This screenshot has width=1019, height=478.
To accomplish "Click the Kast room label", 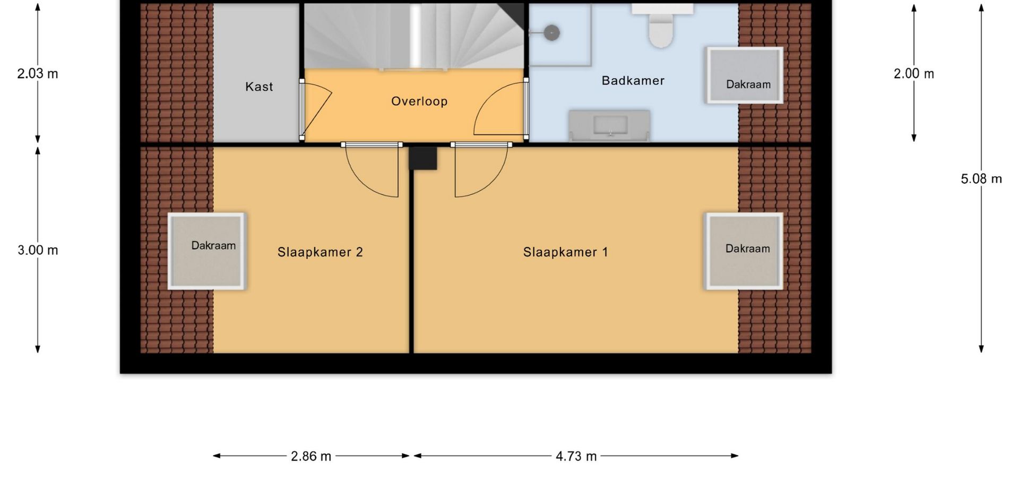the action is [259, 87].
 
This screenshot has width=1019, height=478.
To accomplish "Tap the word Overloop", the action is [419, 101].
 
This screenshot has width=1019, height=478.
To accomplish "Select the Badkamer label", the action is [633, 81].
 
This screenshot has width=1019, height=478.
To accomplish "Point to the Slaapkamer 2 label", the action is [320, 252].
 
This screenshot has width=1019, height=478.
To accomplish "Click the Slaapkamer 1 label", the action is [565, 252].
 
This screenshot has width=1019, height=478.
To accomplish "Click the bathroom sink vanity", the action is [609, 125].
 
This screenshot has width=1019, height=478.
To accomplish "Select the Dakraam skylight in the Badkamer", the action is [744, 75].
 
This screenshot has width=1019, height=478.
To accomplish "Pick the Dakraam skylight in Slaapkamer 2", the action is [206, 251].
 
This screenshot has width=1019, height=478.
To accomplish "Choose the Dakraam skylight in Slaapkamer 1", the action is [744, 251].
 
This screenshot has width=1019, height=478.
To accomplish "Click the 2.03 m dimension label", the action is [38, 74].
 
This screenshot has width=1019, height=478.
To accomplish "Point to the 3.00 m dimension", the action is [38, 250].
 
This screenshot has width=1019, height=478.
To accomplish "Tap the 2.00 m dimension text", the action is [914, 74].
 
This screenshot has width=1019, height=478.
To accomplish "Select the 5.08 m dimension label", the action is [981, 179].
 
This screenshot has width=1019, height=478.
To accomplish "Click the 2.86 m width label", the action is [311, 456].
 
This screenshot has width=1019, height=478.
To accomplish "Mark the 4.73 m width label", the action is [576, 456].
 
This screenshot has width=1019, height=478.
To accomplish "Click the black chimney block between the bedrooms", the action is [422, 158].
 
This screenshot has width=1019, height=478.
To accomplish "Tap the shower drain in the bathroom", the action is [552, 33].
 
